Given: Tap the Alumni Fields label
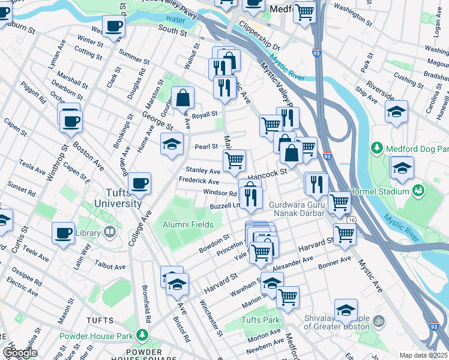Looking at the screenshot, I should (x=188, y=224).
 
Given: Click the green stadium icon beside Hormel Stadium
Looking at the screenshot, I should (x=419, y=191).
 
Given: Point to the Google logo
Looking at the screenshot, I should (x=20, y=353).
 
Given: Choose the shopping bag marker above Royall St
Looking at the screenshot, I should (x=182, y=98).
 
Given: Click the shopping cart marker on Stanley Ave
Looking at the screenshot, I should (x=234, y=160).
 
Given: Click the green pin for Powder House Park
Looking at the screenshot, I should (x=142, y=334).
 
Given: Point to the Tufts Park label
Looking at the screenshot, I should (x=261, y=320).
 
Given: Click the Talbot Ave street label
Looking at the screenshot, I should (x=110, y=266).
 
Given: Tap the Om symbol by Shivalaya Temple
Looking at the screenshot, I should (x=379, y=320).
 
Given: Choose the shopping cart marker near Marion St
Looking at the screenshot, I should (x=288, y=296).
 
